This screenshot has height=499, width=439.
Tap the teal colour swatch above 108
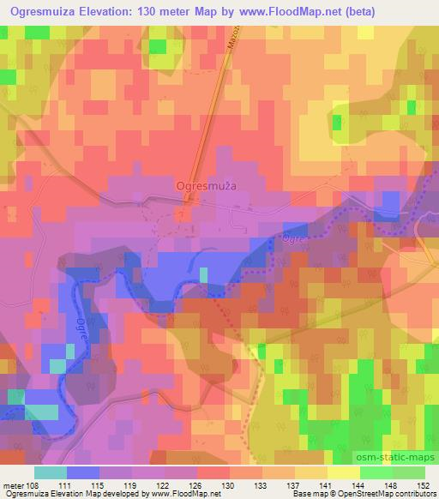click(x=50, y=472)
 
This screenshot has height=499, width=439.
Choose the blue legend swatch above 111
click(x=82, y=472)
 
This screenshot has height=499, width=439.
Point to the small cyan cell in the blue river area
click(x=204, y=275)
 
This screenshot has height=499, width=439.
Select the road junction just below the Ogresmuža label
click(x=187, y=202)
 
